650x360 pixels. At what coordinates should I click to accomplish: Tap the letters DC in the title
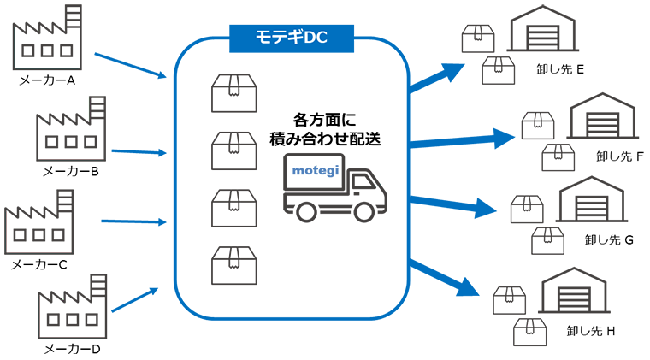coord(315,38)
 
